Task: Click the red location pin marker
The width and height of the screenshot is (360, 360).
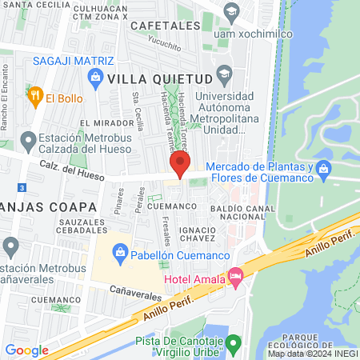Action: (179, 164)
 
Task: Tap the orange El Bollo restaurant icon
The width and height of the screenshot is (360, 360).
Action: (34, 98)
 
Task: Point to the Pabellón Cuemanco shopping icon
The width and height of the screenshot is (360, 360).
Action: (120, 254)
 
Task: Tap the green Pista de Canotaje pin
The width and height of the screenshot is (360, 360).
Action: (233, 345)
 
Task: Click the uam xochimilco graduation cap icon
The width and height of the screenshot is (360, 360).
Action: (232, 11)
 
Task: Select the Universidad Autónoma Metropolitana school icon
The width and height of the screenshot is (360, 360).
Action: (224, 74)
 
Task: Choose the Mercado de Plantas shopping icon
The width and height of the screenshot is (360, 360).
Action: (324, 168)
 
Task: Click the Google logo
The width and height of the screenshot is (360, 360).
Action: (26, 350)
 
